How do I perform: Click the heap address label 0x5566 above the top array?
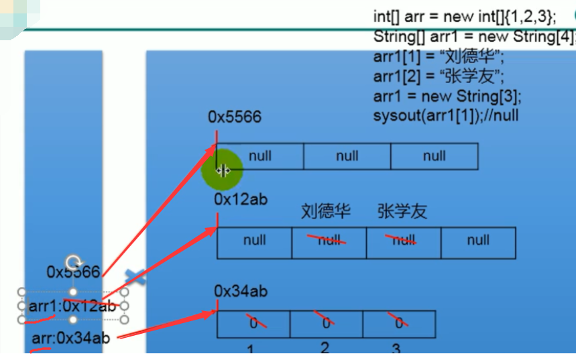click(234, 117)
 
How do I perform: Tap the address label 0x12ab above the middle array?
click(241, 200)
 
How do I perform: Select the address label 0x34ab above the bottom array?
click(241, 291)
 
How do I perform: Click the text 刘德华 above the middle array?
click(327, 212)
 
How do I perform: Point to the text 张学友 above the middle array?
click(402, 212)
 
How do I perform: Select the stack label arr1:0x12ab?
click(72, 306)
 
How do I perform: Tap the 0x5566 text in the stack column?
click(73, 272)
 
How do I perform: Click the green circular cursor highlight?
click(222, 170)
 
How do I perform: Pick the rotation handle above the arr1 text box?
click(72, 262)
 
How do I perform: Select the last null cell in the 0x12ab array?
click(478, 241)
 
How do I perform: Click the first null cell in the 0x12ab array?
click(254, 241)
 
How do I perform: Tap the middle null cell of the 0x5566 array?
click(347, 156)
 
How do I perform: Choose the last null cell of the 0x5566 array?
click(434, 156)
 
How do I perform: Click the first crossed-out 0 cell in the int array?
click(253, 323)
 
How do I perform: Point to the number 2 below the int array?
click(325, 348)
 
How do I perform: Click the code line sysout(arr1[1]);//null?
click(446, 115)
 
